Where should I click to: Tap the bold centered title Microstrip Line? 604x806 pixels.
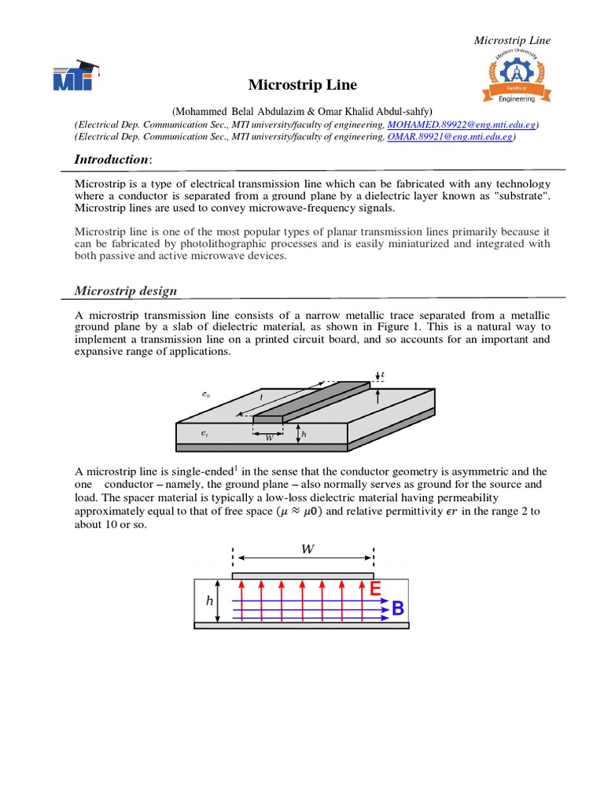(x=303, y=84)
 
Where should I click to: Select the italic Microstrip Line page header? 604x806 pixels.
(x=512, y=40)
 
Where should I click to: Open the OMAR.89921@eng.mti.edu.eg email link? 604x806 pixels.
(x=450, y=136)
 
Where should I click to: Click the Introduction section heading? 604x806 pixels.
(x=111, y=160)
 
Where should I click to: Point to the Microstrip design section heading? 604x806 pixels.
(x=126, y=290)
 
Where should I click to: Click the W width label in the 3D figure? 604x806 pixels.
(x=270, y=438)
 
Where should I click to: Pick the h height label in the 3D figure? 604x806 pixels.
(x=304, y=433)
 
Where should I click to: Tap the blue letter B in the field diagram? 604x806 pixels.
(x=398, y=608)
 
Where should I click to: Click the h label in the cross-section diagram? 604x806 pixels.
(x=209, y=601)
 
